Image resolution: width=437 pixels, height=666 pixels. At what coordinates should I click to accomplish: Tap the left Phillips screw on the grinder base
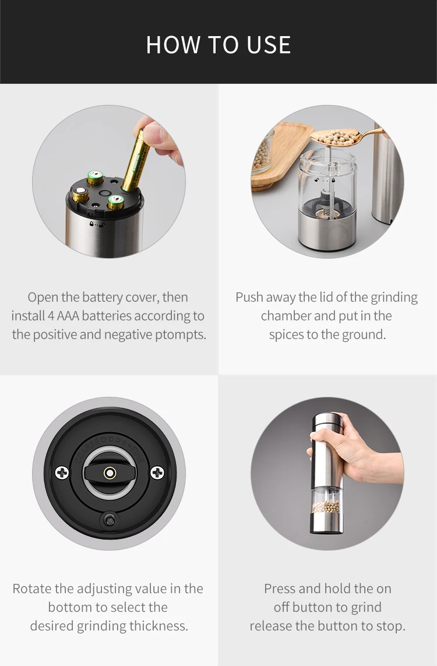(62, 473)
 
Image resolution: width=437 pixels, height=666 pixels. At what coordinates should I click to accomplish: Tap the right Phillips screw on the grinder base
(157, 473)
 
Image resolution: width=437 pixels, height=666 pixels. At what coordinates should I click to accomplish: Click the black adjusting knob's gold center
(110, 473)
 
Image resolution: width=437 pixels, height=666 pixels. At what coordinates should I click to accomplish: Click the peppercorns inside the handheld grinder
(326, 506)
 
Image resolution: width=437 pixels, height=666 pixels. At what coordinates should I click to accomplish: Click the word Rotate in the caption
(31, 589)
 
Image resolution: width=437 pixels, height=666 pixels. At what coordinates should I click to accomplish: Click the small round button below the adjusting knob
(110, 520)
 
